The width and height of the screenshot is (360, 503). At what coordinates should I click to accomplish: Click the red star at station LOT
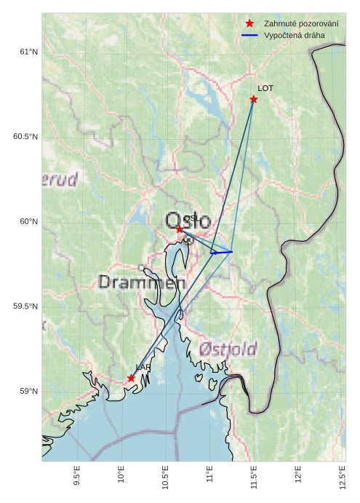point(254,99)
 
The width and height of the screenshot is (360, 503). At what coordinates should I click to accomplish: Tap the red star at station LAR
point(131,378)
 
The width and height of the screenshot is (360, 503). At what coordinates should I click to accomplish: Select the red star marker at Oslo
point(180,229)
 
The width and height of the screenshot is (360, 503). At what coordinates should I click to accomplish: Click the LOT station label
point(265,88)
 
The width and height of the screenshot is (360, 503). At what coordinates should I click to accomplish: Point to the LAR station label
point(143,368)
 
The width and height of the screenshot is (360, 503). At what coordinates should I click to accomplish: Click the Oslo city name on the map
point(188,221)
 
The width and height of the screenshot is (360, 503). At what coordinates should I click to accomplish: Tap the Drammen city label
point(137,282)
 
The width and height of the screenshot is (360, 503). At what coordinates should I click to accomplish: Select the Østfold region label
point(227,349)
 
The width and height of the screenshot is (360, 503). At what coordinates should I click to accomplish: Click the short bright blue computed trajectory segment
point(221,252)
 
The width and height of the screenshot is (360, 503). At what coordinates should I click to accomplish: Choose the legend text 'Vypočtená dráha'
point(295,35)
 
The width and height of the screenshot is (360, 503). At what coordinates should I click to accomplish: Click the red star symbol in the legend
point(249,24)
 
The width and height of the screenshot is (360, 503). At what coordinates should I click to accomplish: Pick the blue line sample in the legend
point(249,35)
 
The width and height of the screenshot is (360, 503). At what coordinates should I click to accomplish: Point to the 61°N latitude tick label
point(28,52)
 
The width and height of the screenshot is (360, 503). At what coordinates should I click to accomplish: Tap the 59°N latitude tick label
point(28,392)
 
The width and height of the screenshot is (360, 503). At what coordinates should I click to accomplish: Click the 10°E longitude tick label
point(121,478)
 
